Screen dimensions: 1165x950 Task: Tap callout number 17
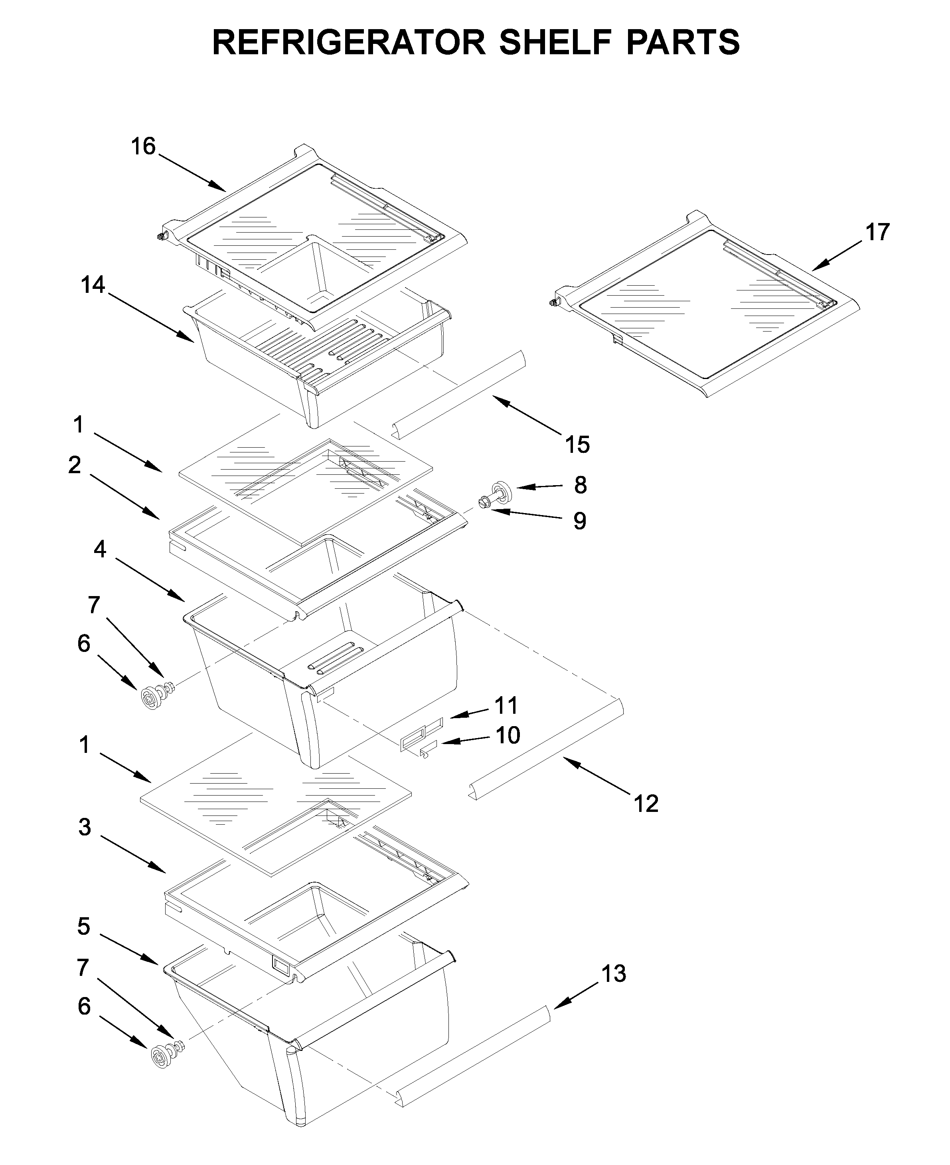(877, 232)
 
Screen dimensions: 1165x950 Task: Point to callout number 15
(577, 445)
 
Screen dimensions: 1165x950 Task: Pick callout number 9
(579, 521)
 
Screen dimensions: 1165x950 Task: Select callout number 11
(506, 706)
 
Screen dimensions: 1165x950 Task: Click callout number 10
(507, 735)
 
